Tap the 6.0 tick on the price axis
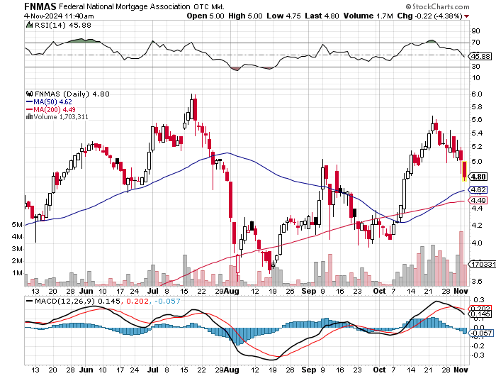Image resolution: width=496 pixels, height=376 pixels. point(476,94)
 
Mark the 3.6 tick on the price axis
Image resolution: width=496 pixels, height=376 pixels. point(476,282)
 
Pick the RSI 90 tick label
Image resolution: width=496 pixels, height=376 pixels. point(475,31)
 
